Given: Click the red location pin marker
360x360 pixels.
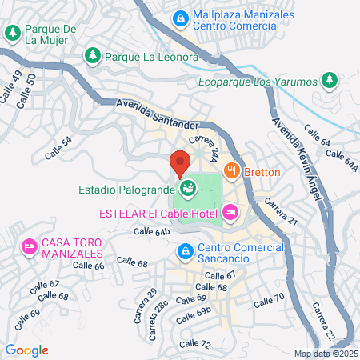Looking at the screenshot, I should [179, 163].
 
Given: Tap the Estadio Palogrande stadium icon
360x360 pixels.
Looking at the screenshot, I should [188, 190].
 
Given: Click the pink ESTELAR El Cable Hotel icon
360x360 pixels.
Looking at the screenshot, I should [230, 212].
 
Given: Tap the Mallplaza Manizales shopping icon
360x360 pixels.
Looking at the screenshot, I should [182, 16].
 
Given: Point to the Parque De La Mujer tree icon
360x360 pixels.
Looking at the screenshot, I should [13, 34].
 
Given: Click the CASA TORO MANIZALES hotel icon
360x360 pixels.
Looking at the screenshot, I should [30, 245].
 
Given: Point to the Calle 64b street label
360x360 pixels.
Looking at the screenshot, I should [151, 231].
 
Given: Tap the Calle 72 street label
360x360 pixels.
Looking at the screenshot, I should [194, 344].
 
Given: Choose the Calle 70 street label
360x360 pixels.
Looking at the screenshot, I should [269, 301].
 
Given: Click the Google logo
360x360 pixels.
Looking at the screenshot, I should [27, 350].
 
